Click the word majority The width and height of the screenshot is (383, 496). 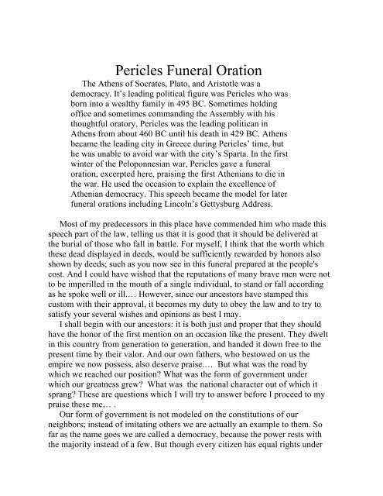point(74,491)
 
